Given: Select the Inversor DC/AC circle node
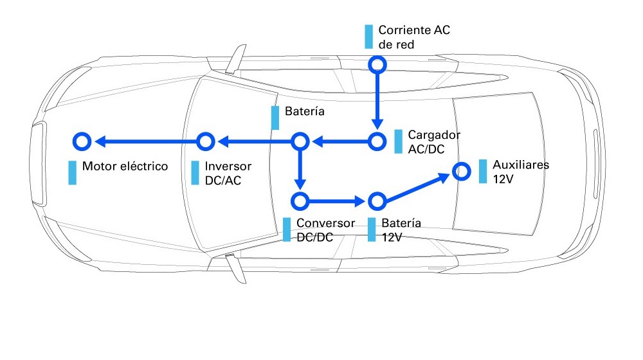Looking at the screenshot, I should (x=204, y=141).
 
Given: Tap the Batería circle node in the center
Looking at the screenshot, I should (x=300, y=141).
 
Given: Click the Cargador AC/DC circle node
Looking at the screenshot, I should (x=377, y=141).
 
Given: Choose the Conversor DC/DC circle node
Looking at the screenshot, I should (x=300, y=201).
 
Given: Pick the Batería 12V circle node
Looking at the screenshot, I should (x=377, y=202).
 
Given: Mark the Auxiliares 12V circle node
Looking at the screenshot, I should (x=460, y=171).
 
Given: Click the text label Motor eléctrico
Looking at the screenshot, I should (x=125, y=166).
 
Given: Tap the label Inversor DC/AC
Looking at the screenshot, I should (x=228, y=173).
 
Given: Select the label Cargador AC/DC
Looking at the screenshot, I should (x=434, y=142).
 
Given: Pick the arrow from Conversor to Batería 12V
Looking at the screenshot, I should (x=338, y=202).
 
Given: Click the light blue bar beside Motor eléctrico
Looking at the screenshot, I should (x=73, y=173).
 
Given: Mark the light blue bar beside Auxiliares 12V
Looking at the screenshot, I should (x=483, y=171).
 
